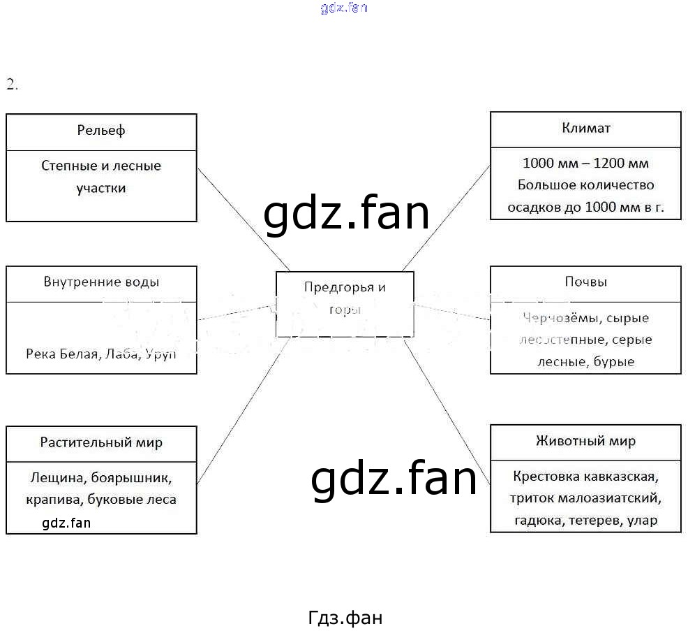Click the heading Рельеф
(101, 131)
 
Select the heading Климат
(585, 128)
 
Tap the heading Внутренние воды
(101, 282)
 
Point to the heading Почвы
(585, 282)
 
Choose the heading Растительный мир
(101, 442)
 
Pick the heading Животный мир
(585, 441)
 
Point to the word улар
(642, 521)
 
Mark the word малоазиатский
(614, 499)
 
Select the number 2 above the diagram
(10, 85)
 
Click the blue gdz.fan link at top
(344, 8)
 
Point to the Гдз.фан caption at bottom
(345, 618)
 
